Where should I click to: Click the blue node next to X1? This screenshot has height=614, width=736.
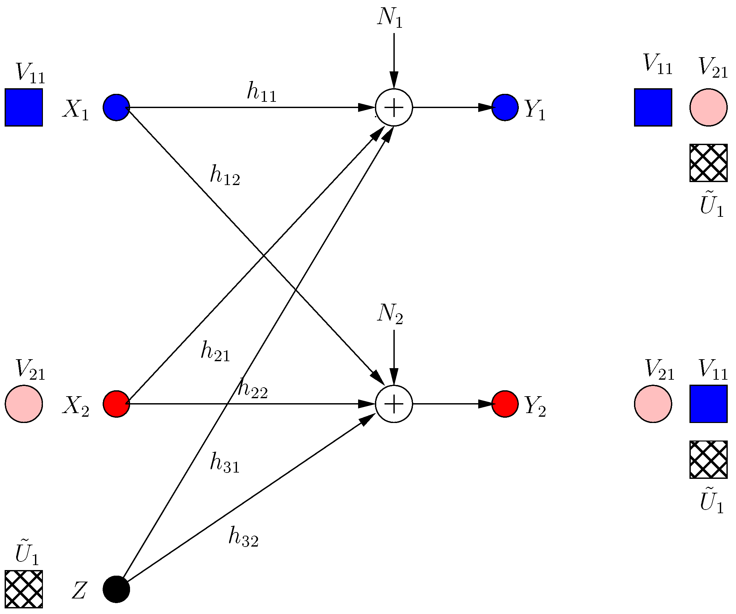coord(117,107)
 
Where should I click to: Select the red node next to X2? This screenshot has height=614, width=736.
coord(117,404)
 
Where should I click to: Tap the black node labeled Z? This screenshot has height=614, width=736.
coord(117,589)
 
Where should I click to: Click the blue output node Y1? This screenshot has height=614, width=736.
coord(505,107)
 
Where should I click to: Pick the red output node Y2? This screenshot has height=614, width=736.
coord(505,404)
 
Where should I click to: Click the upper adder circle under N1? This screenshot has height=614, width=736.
coord(394,107)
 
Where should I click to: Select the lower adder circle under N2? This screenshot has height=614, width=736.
coord(394,404)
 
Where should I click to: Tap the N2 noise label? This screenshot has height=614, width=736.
coord(390,314)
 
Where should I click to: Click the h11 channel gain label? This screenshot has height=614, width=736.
coord(261,92)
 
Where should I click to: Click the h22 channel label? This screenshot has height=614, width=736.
coord(252,388)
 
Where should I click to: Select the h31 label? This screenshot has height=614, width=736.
coord(225,463)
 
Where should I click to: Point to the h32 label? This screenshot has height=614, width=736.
coord(243,537)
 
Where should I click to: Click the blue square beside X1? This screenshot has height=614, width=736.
coord(24,107)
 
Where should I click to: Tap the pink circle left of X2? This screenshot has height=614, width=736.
coord(24,404)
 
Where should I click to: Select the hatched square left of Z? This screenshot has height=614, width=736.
coord(24,589)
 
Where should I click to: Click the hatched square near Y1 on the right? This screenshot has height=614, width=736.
coord(708,163)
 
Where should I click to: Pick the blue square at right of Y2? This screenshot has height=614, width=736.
coord(708,404)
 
